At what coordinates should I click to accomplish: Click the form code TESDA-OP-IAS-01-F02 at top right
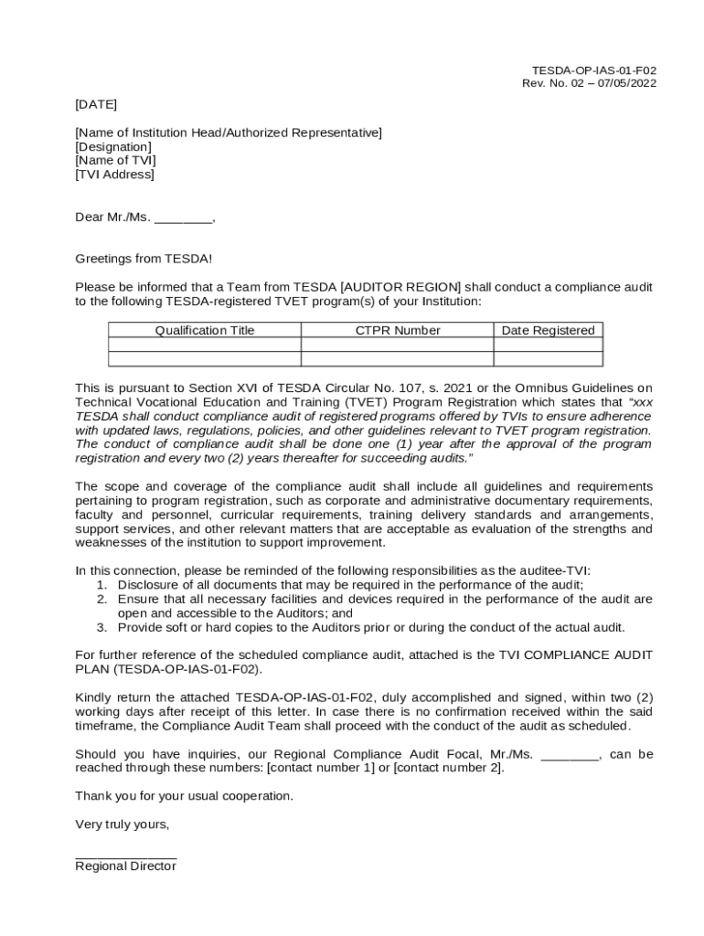pos(593,70)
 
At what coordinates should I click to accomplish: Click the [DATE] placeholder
pos(96,104)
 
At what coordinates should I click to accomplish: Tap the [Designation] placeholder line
pos(113,147)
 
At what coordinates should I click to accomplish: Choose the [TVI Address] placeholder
pos(114,175)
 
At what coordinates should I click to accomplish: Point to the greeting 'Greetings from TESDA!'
pos(144,260)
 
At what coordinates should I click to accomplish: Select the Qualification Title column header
pos(205,331)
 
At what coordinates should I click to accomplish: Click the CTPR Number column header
pos(398,331)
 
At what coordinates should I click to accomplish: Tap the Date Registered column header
pos(548,331)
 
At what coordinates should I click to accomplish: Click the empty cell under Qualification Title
pos(205,346)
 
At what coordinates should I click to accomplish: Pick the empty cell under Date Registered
pos(548,346)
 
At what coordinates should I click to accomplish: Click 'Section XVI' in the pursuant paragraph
pos(203,388)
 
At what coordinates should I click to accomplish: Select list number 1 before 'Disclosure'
pos(102,585)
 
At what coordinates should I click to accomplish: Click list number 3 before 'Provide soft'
pos(102,628)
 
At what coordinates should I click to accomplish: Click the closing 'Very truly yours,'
pos(123,824)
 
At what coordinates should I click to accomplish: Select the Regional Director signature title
pos(125,867)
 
